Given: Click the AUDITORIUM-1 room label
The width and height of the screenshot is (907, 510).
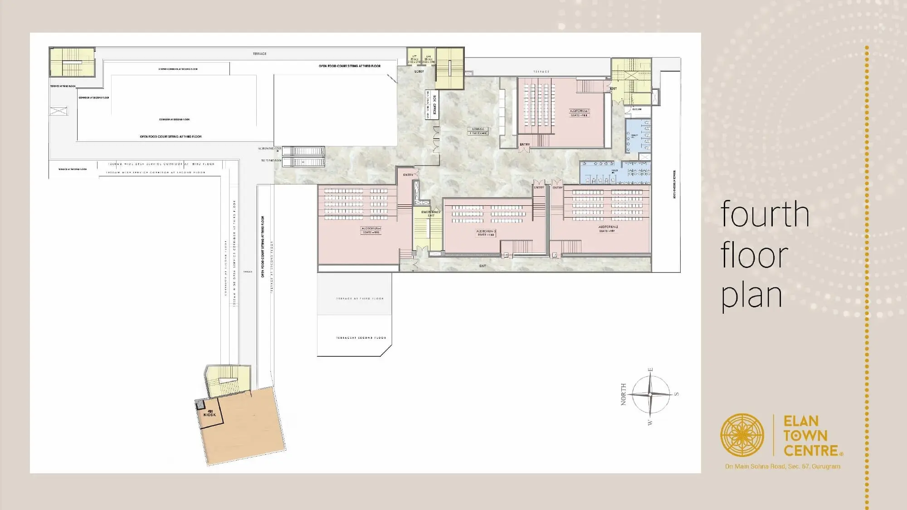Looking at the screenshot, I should (579, 111).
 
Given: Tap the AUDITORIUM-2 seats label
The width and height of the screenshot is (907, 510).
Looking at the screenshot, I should (607, 231).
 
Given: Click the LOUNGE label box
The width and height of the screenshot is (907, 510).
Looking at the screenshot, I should (478, 131).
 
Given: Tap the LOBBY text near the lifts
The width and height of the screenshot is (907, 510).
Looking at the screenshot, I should (419, 71).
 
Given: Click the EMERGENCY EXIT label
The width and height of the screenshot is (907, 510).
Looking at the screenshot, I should (431, 214).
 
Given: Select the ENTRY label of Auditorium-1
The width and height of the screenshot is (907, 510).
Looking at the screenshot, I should (525, 144).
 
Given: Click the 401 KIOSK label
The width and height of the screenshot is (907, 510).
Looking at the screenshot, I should (210, 413).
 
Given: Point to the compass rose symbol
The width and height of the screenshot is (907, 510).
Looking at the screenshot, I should (650, 394).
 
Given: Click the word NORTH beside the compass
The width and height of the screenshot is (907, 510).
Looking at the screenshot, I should (624, 394).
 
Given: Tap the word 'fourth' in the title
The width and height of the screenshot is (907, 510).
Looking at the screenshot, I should (765, 214).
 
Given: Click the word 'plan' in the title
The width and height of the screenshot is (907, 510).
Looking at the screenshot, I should (751, 295).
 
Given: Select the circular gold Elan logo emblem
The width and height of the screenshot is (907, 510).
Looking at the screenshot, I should (742, 435).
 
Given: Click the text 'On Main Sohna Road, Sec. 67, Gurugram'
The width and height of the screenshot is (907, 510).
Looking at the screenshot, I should (782, 466).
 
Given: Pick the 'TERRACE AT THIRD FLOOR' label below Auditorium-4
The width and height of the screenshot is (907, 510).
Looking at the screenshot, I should (360, 299).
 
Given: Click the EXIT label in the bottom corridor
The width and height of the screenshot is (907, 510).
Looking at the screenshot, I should (483, 266).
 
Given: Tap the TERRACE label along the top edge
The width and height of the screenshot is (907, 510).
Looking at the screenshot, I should (259, 54).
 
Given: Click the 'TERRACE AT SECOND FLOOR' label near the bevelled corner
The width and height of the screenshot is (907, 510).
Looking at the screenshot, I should (361, 338).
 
